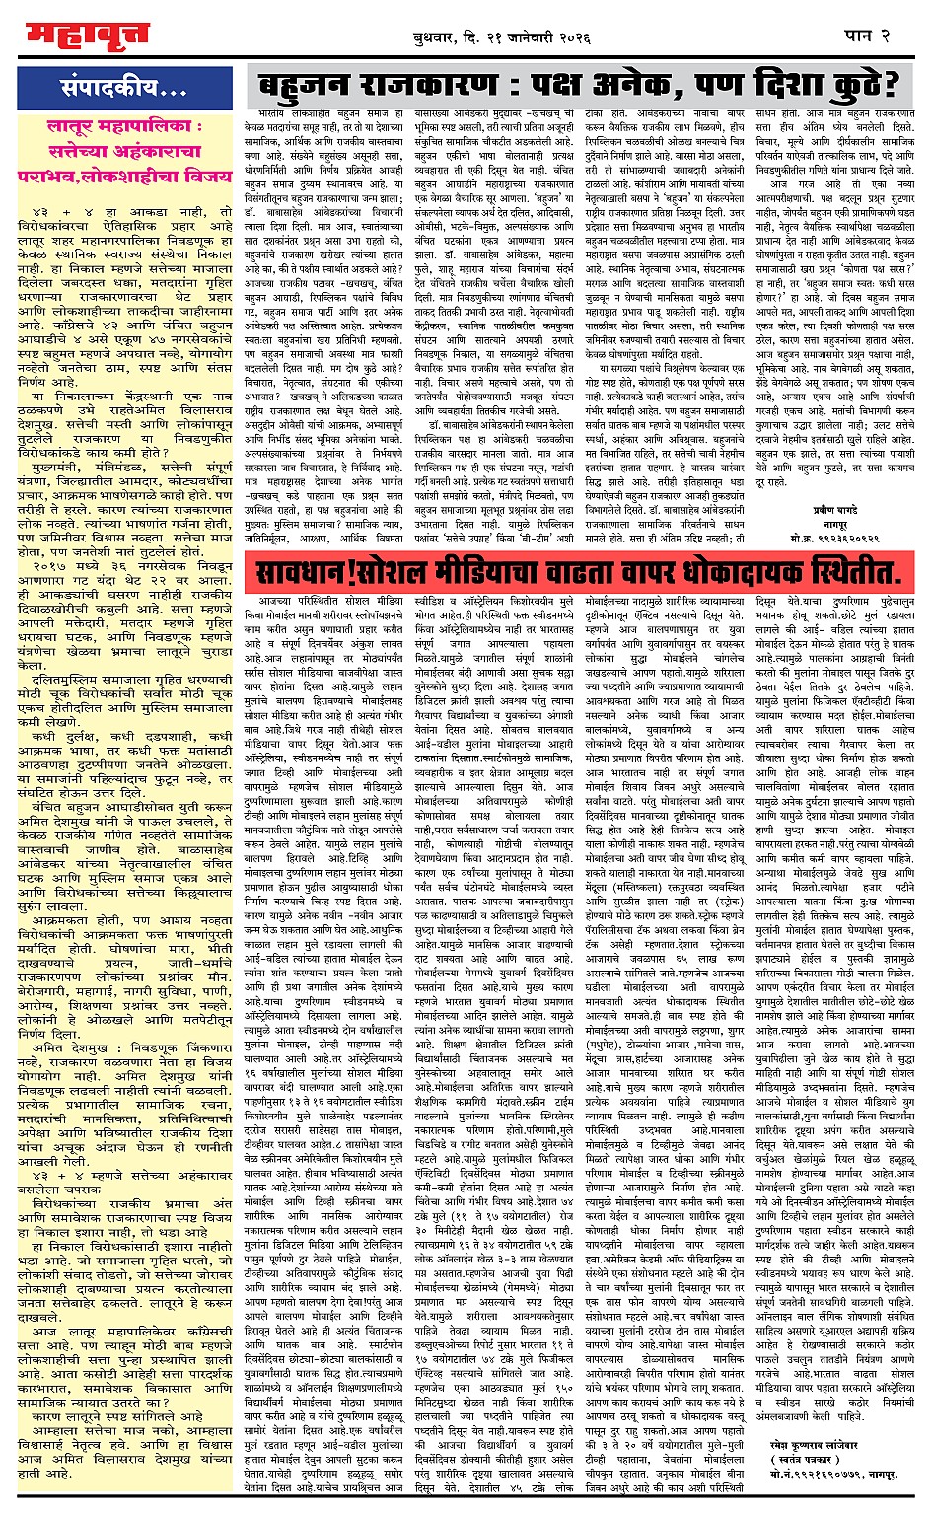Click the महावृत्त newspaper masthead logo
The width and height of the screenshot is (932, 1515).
point(86,35)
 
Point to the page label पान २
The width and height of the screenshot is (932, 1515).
point(868,36)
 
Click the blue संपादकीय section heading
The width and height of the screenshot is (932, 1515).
point(124,90)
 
